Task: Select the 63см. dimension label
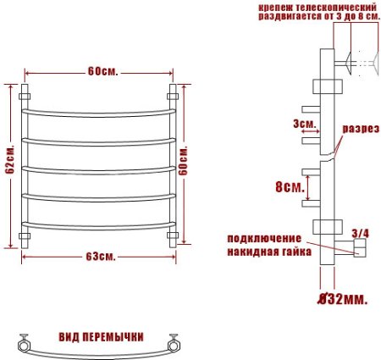[x=102, y=256]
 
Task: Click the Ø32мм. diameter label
[x=343, y=298]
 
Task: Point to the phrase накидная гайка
[x=268, y=252]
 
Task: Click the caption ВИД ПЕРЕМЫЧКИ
[x=100, y=335]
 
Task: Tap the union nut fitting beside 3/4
[x=359, y=248]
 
